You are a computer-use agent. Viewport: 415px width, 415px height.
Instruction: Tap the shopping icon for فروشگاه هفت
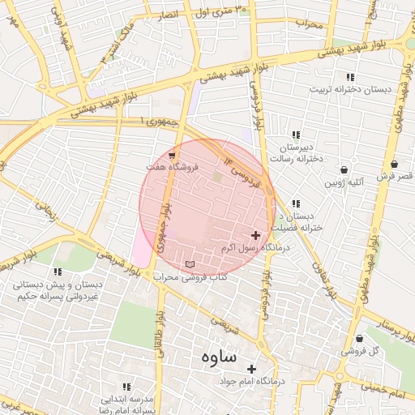click(172, 154)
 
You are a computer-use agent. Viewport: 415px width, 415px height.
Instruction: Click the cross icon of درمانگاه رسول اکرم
click(255, 235)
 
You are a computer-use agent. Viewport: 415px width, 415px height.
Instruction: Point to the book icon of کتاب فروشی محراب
click(190, 264)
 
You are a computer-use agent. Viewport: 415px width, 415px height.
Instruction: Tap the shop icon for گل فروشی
click(359, 339)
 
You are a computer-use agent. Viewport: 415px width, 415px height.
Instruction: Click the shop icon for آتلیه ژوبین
click(345, 170)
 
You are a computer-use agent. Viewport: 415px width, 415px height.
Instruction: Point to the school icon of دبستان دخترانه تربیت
click(350, 77)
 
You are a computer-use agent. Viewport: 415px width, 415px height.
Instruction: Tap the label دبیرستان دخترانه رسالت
click(297, 154)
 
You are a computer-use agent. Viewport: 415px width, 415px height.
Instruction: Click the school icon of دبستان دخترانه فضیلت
click(296, 203)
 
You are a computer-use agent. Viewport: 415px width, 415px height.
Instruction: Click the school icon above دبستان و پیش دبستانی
click(57, 272)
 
